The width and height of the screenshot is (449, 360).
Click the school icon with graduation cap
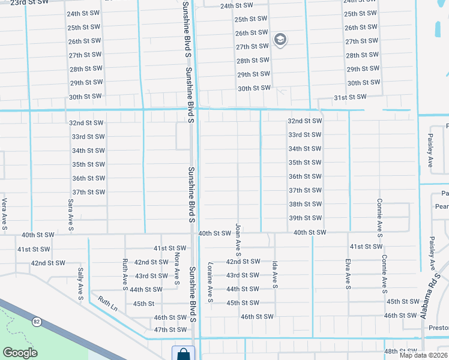[x=280, y=40]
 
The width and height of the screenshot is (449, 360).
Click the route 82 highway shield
[x=37, y=322]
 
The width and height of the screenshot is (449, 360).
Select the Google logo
[x=20, y=353]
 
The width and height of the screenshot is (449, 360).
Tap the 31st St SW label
[x=350, y=97]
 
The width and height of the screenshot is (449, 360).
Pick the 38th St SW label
[x=305, y=204]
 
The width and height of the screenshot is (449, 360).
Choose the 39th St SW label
[x=305, y=218]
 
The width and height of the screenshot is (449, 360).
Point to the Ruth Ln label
[x=109, y=305]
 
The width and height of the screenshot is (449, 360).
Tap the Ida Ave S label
[x=275, y=274]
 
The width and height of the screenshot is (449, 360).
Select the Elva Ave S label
[x=348, y=271]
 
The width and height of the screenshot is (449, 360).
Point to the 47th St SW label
[x=170, y=330]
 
